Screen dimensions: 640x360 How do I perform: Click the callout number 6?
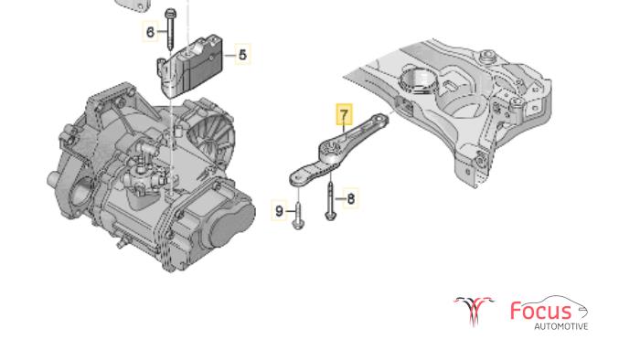(150, 31)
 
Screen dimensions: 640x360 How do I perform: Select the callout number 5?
(243, 54)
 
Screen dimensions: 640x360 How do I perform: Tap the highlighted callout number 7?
(344, 114)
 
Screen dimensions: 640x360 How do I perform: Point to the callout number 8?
(350, 199)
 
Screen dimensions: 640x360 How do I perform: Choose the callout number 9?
(279, 211)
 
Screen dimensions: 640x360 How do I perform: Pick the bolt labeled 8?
(330, 201)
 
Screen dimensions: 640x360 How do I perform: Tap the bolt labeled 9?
(298, 214)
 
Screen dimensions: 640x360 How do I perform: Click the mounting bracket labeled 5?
(190, 67)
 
